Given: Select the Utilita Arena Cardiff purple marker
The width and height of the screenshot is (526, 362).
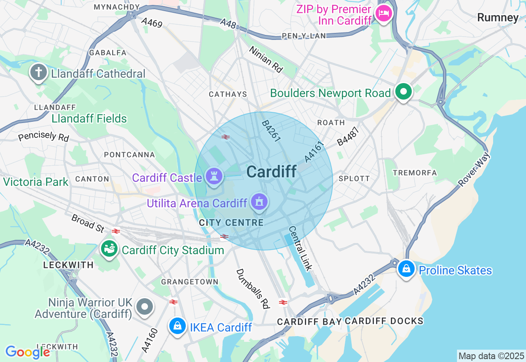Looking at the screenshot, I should [x=260, y=202].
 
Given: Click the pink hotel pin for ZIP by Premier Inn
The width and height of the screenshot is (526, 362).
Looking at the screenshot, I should [x=384, y=13].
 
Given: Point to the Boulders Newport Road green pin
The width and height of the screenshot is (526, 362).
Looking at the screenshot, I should [x=404, y=92].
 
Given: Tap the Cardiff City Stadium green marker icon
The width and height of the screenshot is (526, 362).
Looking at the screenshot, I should [x=109, y=249].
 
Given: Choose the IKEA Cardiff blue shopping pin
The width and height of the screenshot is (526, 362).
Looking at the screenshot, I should [x=178, y=326].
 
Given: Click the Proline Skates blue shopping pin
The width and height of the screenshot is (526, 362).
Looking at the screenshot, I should [x=406, y=269].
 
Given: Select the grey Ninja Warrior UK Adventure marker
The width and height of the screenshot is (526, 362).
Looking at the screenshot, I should [x=145, y=307].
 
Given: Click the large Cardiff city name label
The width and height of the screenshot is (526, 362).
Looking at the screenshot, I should [x=272, y=172].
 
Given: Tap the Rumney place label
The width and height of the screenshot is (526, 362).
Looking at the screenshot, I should [x=498, y=17].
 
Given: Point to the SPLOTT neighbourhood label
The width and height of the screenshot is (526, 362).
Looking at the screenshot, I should [x=354, y=179].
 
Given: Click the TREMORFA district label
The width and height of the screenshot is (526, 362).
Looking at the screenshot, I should [x=415, y=173].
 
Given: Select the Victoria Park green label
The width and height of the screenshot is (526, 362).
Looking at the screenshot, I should [x=36, y=182].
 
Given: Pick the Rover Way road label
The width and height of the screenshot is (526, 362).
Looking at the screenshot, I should [x=475, y=169].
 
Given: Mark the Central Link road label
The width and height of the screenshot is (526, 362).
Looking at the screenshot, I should [x=300, y=248].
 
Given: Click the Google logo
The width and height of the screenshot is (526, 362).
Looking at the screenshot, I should [x=28, y=352].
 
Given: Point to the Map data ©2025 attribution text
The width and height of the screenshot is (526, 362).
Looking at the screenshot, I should [x=491, y=356].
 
